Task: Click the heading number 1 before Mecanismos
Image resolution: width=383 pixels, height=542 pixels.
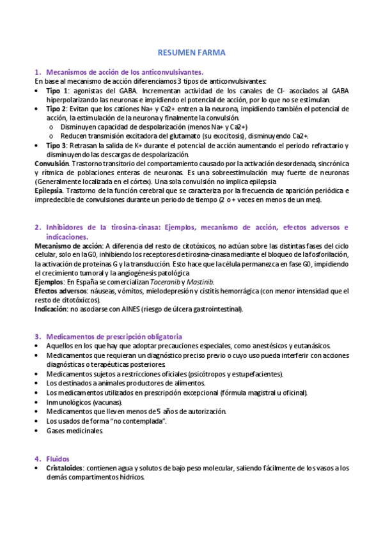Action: tap(37, 73)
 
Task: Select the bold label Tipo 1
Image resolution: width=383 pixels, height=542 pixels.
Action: tap(58, 91)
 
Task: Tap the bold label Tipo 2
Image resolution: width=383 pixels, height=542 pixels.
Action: tap(58, 109)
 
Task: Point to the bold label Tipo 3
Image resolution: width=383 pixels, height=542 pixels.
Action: tap(58, 146)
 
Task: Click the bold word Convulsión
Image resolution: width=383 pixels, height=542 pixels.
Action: tap(51, 164)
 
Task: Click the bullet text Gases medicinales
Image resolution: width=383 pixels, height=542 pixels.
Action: tap(74, 431)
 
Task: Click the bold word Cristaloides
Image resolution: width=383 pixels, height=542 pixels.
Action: tap(65, 468)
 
